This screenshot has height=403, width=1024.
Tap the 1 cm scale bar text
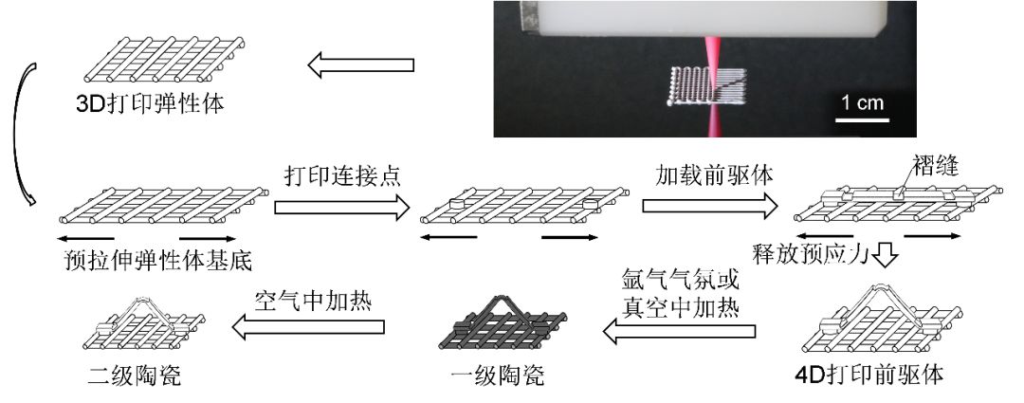860,102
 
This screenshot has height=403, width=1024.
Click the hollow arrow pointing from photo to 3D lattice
361,65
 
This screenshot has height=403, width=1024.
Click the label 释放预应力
809,254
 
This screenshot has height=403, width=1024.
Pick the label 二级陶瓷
134,376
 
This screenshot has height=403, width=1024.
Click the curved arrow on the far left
23,133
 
